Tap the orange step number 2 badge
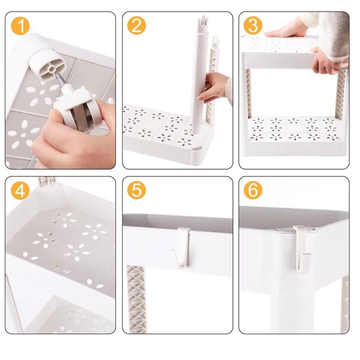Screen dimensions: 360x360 [x=137, y=25]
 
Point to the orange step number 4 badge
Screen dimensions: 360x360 [x=20, y=190]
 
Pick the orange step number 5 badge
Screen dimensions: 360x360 [x=137, y=190]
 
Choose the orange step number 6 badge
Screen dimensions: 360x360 [x=253, y=190]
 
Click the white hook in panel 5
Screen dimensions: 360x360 [x=183, y=247]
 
